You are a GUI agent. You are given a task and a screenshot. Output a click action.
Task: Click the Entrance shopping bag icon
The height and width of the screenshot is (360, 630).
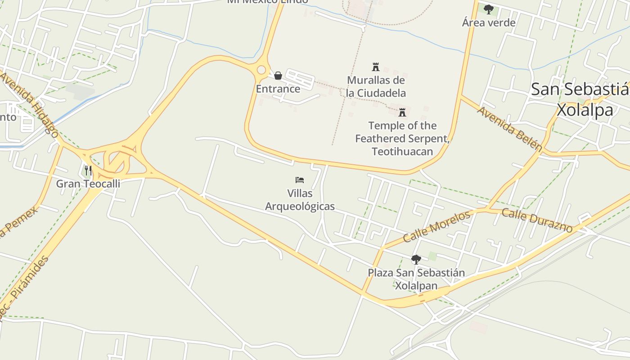click(x=278, y=76)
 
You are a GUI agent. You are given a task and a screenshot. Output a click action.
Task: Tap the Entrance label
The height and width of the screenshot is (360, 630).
click(x=278, y=89)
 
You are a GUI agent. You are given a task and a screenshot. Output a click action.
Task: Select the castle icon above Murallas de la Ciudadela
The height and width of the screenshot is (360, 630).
click(x=376, y=67)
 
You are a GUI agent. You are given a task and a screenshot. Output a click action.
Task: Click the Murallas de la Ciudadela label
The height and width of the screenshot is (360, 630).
click(x=376, y=87)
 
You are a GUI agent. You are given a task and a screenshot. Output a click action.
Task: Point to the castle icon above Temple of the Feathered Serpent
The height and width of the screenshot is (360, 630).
click(x=402, y=112)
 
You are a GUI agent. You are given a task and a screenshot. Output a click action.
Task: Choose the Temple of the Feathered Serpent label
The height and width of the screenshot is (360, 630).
click(x=402, y=138)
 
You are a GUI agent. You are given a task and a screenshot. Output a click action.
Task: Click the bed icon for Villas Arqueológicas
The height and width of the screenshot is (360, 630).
click(x=300, y=180)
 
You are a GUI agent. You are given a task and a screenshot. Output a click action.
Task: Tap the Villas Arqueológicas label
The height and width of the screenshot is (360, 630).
click(x=300, y=200)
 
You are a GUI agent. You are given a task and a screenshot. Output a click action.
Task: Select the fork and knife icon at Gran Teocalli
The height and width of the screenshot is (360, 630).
click(x=88, y=171)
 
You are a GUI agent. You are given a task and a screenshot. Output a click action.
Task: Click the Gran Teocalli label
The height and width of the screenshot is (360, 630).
click(x=88, y=184)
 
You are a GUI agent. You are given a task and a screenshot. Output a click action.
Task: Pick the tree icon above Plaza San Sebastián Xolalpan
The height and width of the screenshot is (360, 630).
click(x=416, y=259)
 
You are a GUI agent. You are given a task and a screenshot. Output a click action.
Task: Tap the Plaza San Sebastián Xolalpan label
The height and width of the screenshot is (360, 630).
click(x=416, y=279)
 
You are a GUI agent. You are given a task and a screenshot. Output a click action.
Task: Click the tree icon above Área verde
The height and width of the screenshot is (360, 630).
click(x=489, y=9)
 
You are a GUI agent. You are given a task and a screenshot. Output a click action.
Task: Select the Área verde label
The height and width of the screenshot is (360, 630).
click(x=489, y=22)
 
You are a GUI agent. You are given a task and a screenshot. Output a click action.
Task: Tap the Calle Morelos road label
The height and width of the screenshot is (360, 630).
click(x=437, y=226)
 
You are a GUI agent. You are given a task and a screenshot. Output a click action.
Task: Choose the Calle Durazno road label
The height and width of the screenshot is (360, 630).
click(x=537, y=220)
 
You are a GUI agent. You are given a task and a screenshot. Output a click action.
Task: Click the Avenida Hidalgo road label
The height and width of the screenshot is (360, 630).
click(x=30, y=104)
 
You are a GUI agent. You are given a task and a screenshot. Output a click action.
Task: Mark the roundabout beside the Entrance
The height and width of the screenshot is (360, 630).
click(x=261, y=70)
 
